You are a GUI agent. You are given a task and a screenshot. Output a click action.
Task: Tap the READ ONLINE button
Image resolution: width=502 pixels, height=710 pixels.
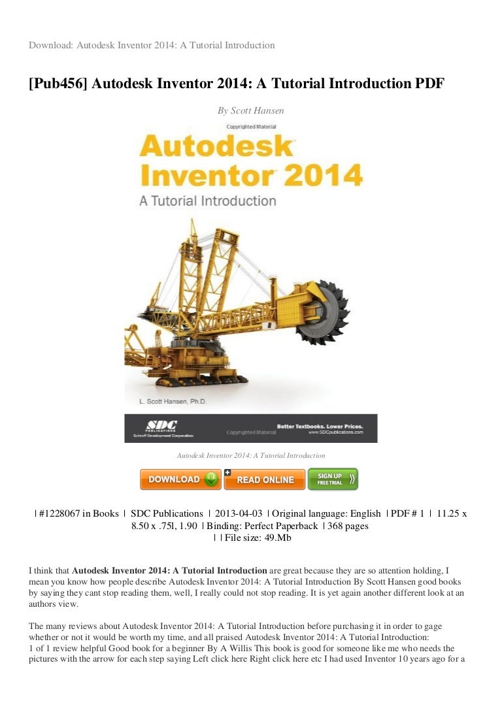tap(265, 479)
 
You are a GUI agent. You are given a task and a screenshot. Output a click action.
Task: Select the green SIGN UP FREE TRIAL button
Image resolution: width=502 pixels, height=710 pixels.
tap(333, 479)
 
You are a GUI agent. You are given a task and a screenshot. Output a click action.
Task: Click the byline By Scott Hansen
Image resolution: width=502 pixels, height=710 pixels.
tap(250, 111)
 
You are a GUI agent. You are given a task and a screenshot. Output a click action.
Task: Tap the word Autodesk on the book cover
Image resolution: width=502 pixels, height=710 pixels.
tap(216, 145)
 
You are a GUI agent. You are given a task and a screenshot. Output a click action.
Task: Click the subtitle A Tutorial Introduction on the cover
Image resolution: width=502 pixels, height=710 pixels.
tap(207, 200)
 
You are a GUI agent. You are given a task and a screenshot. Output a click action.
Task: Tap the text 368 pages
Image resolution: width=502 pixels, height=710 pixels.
tap(349, 526)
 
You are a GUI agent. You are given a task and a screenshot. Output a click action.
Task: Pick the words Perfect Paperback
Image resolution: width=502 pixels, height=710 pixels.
tap(281, 526)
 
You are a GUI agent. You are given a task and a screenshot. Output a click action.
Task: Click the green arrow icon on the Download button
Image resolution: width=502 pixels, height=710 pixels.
tap(211, 479)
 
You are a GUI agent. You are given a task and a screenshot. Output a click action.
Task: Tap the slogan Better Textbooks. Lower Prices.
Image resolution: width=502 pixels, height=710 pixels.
tap(319, 426)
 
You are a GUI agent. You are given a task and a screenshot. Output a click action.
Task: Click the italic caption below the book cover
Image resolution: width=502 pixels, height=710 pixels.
tap(251, 455)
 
